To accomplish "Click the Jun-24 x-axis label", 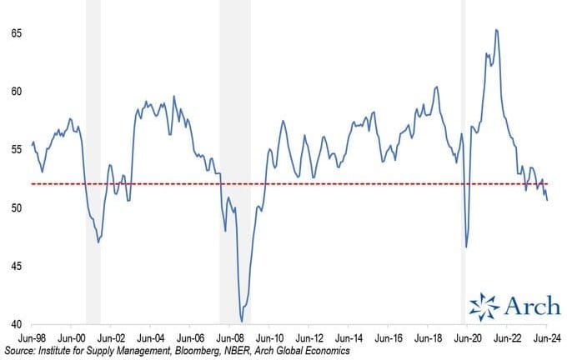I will [546, 340].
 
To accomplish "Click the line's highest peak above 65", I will [497, 30].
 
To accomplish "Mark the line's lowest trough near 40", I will [242, 321].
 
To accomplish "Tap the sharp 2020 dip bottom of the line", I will [466, 247].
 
